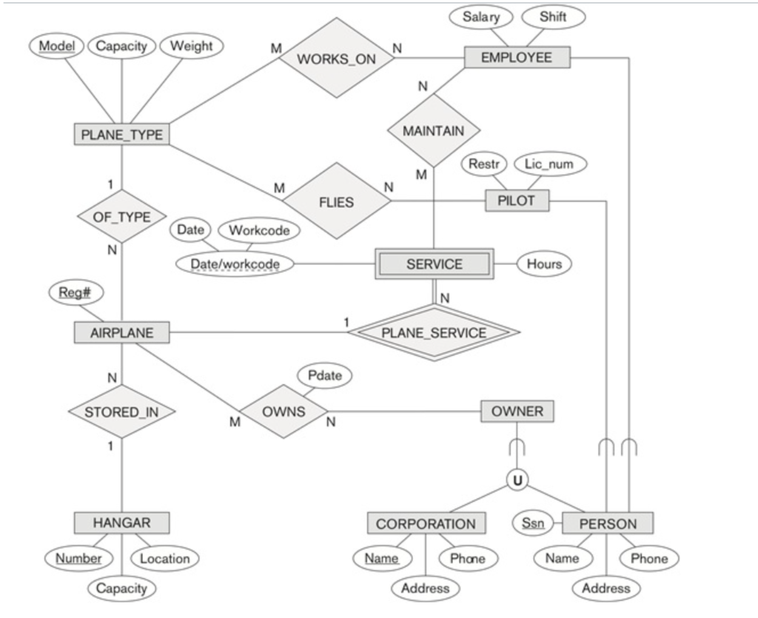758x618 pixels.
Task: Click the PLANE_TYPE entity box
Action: [x=122, y=134]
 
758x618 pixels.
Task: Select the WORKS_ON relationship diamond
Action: [x=336, y=58]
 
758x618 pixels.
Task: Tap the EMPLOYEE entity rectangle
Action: [x=517, y=58]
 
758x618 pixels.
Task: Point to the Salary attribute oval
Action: [x=481, y=17]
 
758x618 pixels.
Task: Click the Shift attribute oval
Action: [x=553, y=17]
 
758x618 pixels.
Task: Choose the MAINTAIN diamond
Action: [x=434, y=131]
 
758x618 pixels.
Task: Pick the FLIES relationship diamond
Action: [x=336, y=201]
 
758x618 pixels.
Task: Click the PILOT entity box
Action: [x=517, y=201]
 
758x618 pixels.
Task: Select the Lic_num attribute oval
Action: [x=549, y=164]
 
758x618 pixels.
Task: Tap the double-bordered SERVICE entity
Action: [x=434, y=263]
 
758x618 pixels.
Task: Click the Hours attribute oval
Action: [x=544, y=263]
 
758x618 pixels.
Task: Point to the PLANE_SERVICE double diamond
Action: [x=434, y=332]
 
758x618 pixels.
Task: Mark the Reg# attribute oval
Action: [x=76, y=293]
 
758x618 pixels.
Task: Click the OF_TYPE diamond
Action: [x=122, y=217]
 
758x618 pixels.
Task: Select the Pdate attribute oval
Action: [x=324, y=375]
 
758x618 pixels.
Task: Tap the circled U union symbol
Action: [x=517, y=480]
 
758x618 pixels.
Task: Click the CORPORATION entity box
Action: [x=426, y=523]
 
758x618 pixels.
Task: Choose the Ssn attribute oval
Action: [x=532, y=523]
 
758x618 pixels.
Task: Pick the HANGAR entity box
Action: [x=122, y=523]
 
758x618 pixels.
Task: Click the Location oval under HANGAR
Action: [x=164, y=559]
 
